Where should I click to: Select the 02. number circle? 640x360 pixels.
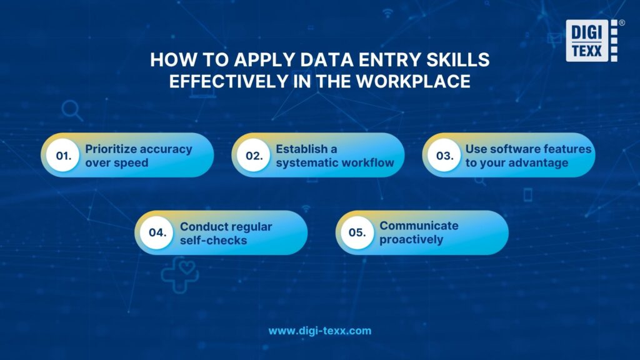point(254,156)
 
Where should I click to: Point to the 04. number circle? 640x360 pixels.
point(157,232)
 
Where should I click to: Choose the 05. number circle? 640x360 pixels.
point(357,232)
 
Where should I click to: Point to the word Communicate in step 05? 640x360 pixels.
point(419,226)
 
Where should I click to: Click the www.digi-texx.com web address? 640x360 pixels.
point(320,331)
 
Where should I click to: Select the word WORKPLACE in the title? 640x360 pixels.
point(419,82)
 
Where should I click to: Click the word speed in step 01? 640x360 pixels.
point(134,163)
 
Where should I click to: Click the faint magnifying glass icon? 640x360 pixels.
point(72,111)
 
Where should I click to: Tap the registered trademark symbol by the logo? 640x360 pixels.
point(621,22)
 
